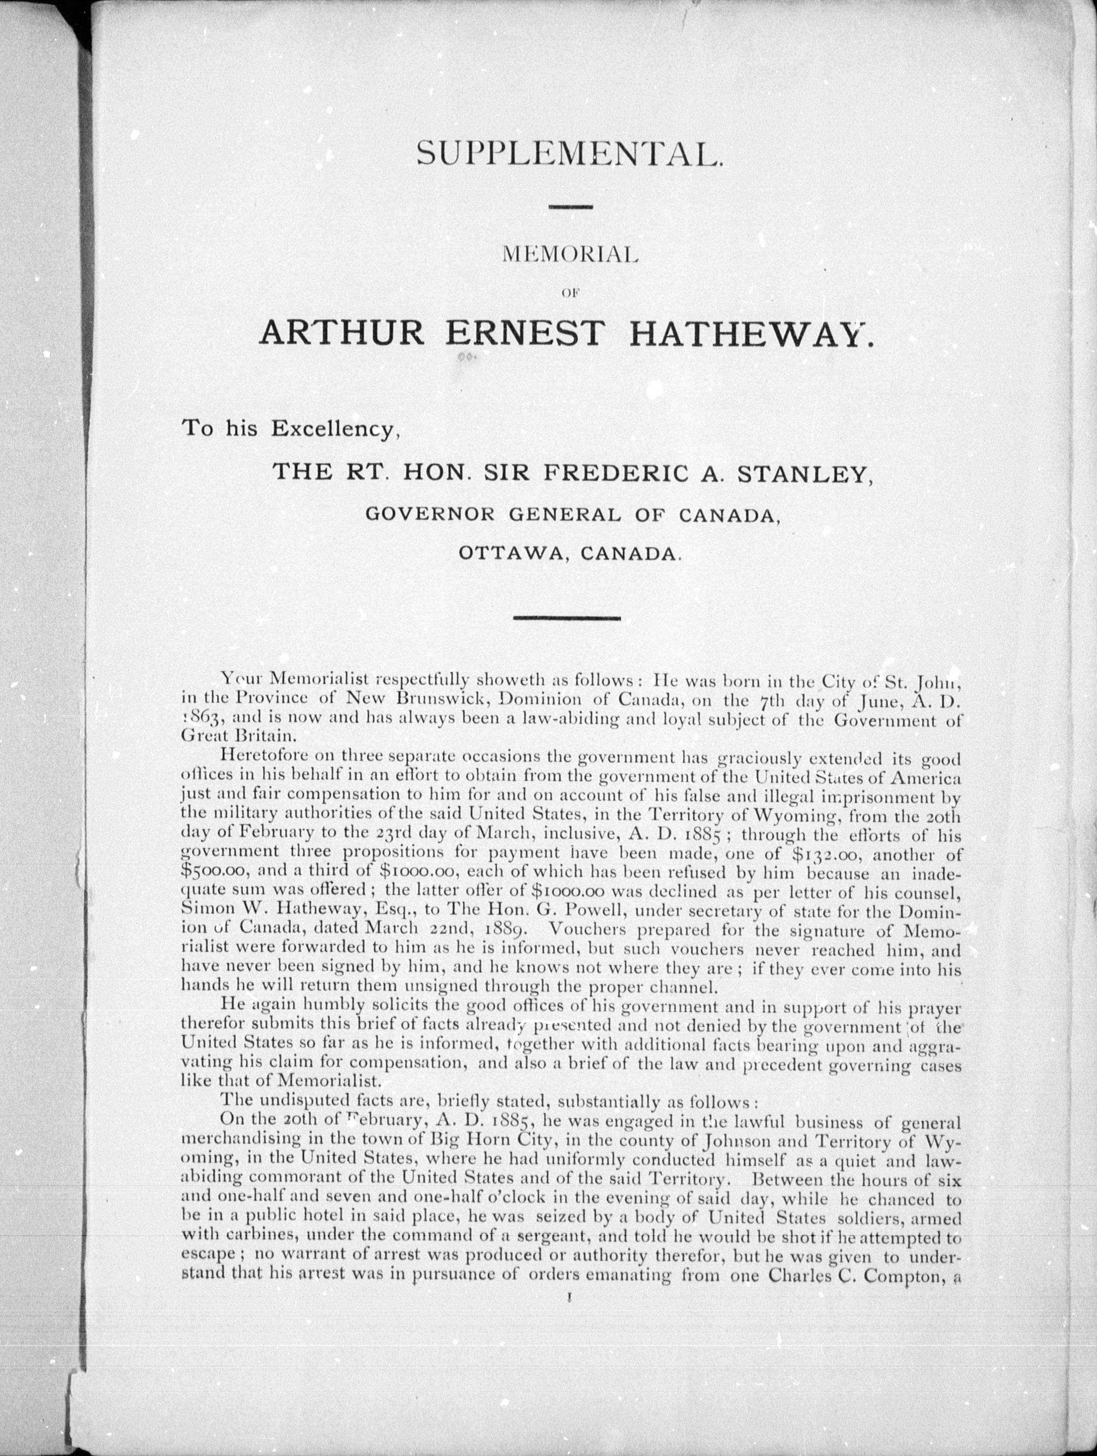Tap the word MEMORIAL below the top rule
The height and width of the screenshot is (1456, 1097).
(570, 255)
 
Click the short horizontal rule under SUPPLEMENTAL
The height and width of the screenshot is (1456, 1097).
(570, 208)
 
